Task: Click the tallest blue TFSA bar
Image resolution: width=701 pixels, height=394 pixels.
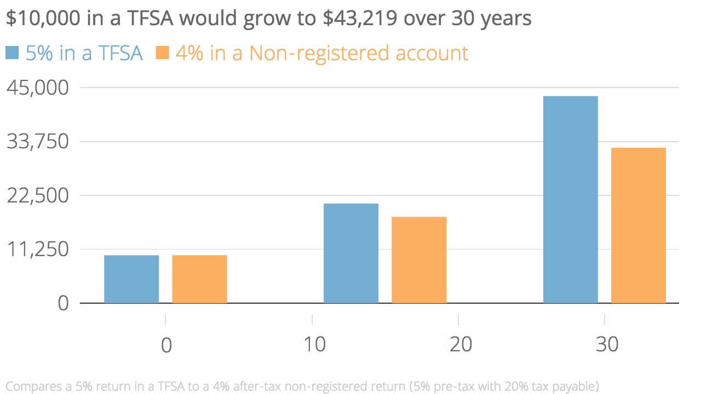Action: click(x=570, y=199)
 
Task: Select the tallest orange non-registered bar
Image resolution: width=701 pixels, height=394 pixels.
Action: click(x=638, y=225)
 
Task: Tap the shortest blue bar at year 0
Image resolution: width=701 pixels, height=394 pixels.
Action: click(x=131, y=279)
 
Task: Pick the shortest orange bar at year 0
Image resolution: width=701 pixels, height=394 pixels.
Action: click(x=199, y=279)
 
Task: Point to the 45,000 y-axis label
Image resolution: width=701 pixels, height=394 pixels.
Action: click(x=38, y=88)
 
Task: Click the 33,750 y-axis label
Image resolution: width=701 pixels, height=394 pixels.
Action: click(x=38, y=142)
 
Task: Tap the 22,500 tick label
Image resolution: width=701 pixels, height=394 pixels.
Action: click(x=38, y=195)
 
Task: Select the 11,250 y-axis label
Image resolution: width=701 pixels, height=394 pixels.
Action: click(x=38, y=249)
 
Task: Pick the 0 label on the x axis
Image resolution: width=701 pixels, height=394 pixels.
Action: click(x=165, y=345)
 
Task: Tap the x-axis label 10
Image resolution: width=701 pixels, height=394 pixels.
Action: click(x=312, y=345)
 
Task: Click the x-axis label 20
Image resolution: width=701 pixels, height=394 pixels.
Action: click(x=459, y=345)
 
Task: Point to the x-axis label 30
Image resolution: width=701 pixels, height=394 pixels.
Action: click(x=606, y=345)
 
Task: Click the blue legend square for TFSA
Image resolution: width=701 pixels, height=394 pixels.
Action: click(x=12, y=53)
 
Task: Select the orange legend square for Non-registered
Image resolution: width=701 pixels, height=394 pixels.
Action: click(x=163, y=53)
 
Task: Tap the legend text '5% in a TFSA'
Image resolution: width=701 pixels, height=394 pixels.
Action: click(x=84, y=53)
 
